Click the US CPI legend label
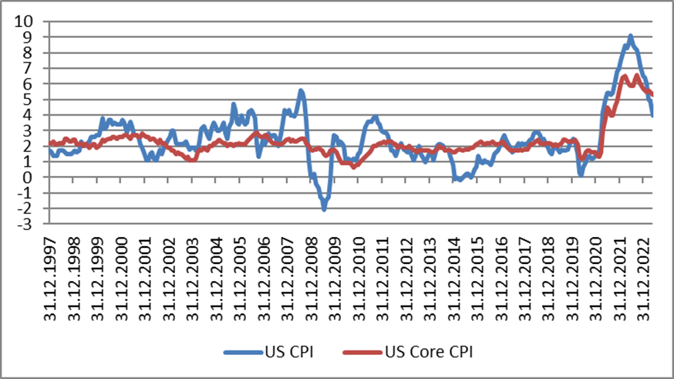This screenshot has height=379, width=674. pos(289,352)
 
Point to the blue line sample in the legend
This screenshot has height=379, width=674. pos(243,352)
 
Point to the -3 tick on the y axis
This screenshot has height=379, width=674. pos(30,224)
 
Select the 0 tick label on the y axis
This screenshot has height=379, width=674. pos(35,177)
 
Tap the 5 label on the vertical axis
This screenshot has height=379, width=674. pos(35,99)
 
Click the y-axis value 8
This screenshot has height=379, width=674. pos(35,52)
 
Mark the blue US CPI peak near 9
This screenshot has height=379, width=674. pos(631,36)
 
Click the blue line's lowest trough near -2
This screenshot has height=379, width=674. pos(324,209)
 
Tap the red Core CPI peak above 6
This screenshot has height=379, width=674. pos(636,76)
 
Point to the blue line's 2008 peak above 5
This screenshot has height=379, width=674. pos(301,90)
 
